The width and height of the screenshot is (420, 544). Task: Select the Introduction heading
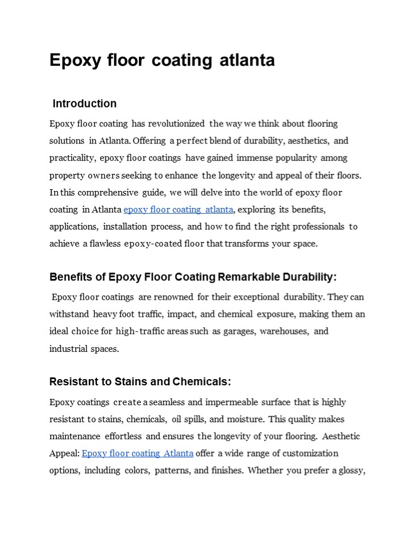point(84,104)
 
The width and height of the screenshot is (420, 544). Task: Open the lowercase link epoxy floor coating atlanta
point(178,210)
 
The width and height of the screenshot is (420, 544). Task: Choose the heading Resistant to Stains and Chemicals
point(140,382)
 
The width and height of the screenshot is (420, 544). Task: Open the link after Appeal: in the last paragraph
point(138,453)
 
